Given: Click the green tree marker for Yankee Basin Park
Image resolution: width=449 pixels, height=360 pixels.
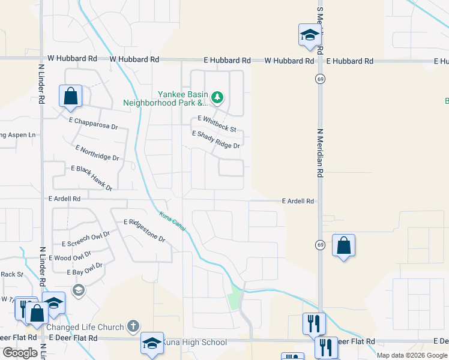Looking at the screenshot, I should pos(218,97).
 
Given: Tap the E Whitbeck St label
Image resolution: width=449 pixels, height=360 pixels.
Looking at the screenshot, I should pos(217,124).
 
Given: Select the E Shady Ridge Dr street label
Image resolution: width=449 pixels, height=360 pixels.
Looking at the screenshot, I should pos(215,140).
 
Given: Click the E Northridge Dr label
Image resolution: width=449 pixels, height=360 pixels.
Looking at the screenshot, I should pos(97,152).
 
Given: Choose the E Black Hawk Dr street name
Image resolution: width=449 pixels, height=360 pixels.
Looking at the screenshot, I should pos(92,179).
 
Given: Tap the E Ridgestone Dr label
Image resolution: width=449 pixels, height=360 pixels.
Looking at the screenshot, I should pos(144,230).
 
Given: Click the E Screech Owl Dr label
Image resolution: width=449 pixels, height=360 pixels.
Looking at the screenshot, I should pos(86,239).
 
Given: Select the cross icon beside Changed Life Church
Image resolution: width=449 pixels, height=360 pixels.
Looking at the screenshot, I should pos(133,327).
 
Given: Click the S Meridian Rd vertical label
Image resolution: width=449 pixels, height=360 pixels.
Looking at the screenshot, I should pos(320,24).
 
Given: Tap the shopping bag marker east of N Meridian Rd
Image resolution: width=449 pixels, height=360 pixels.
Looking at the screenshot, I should pos(343,245).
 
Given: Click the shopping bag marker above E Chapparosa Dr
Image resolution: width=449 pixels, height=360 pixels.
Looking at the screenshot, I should pos(70,96).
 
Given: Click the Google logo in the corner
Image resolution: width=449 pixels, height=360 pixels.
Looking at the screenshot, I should pos(20,353).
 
